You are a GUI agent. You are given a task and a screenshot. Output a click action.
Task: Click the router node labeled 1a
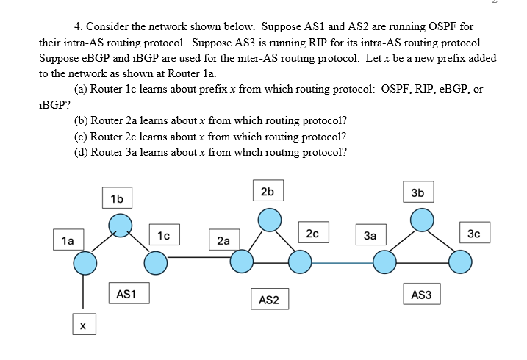click(85, 261)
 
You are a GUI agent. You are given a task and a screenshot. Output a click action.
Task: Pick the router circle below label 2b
click(269, 219)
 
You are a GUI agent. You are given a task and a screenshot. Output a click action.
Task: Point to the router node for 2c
click(298, 261)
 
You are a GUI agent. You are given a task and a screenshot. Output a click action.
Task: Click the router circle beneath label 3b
click(420, 219)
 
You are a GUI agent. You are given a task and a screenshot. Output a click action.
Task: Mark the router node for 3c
click(460, 261)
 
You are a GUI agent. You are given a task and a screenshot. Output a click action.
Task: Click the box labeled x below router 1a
click(83, 323)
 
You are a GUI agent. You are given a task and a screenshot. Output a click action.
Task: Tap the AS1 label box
click(126, 294)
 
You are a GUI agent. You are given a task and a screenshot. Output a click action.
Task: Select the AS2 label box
click(269, 299)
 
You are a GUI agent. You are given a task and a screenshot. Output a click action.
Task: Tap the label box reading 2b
click(268, 190)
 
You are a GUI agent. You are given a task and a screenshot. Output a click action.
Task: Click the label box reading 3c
click(474, 234)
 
